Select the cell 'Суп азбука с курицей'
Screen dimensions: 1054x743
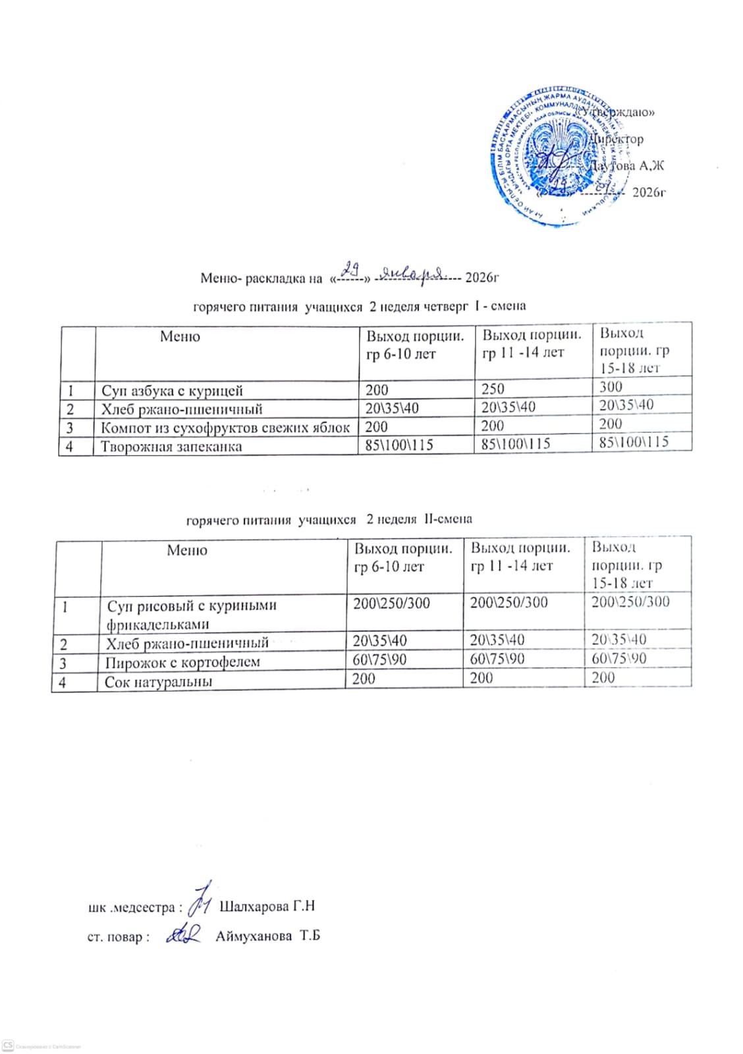[x=172, y=391]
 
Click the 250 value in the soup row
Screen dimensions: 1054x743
[x=493, y=389]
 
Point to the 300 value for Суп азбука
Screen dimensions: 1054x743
[x=611, y=387]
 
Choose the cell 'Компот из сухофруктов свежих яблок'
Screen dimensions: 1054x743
[x=225, y=428]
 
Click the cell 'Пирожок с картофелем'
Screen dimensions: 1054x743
[x=182, y=662]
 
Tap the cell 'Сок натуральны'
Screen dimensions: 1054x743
[x=158, y=682]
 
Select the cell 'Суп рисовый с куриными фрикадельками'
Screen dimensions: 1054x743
[x=191, y=614]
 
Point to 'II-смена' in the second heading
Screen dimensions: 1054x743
[x=448, y=518]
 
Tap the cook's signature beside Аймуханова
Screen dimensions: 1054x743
[x=183, y=934]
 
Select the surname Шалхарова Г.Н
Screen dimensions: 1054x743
[x=267, y=906]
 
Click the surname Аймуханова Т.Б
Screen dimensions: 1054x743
[x=267, y=935]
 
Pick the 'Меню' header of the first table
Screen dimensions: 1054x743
[x=180, y=337]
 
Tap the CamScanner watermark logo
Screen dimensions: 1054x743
[x=8, y=1045]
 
